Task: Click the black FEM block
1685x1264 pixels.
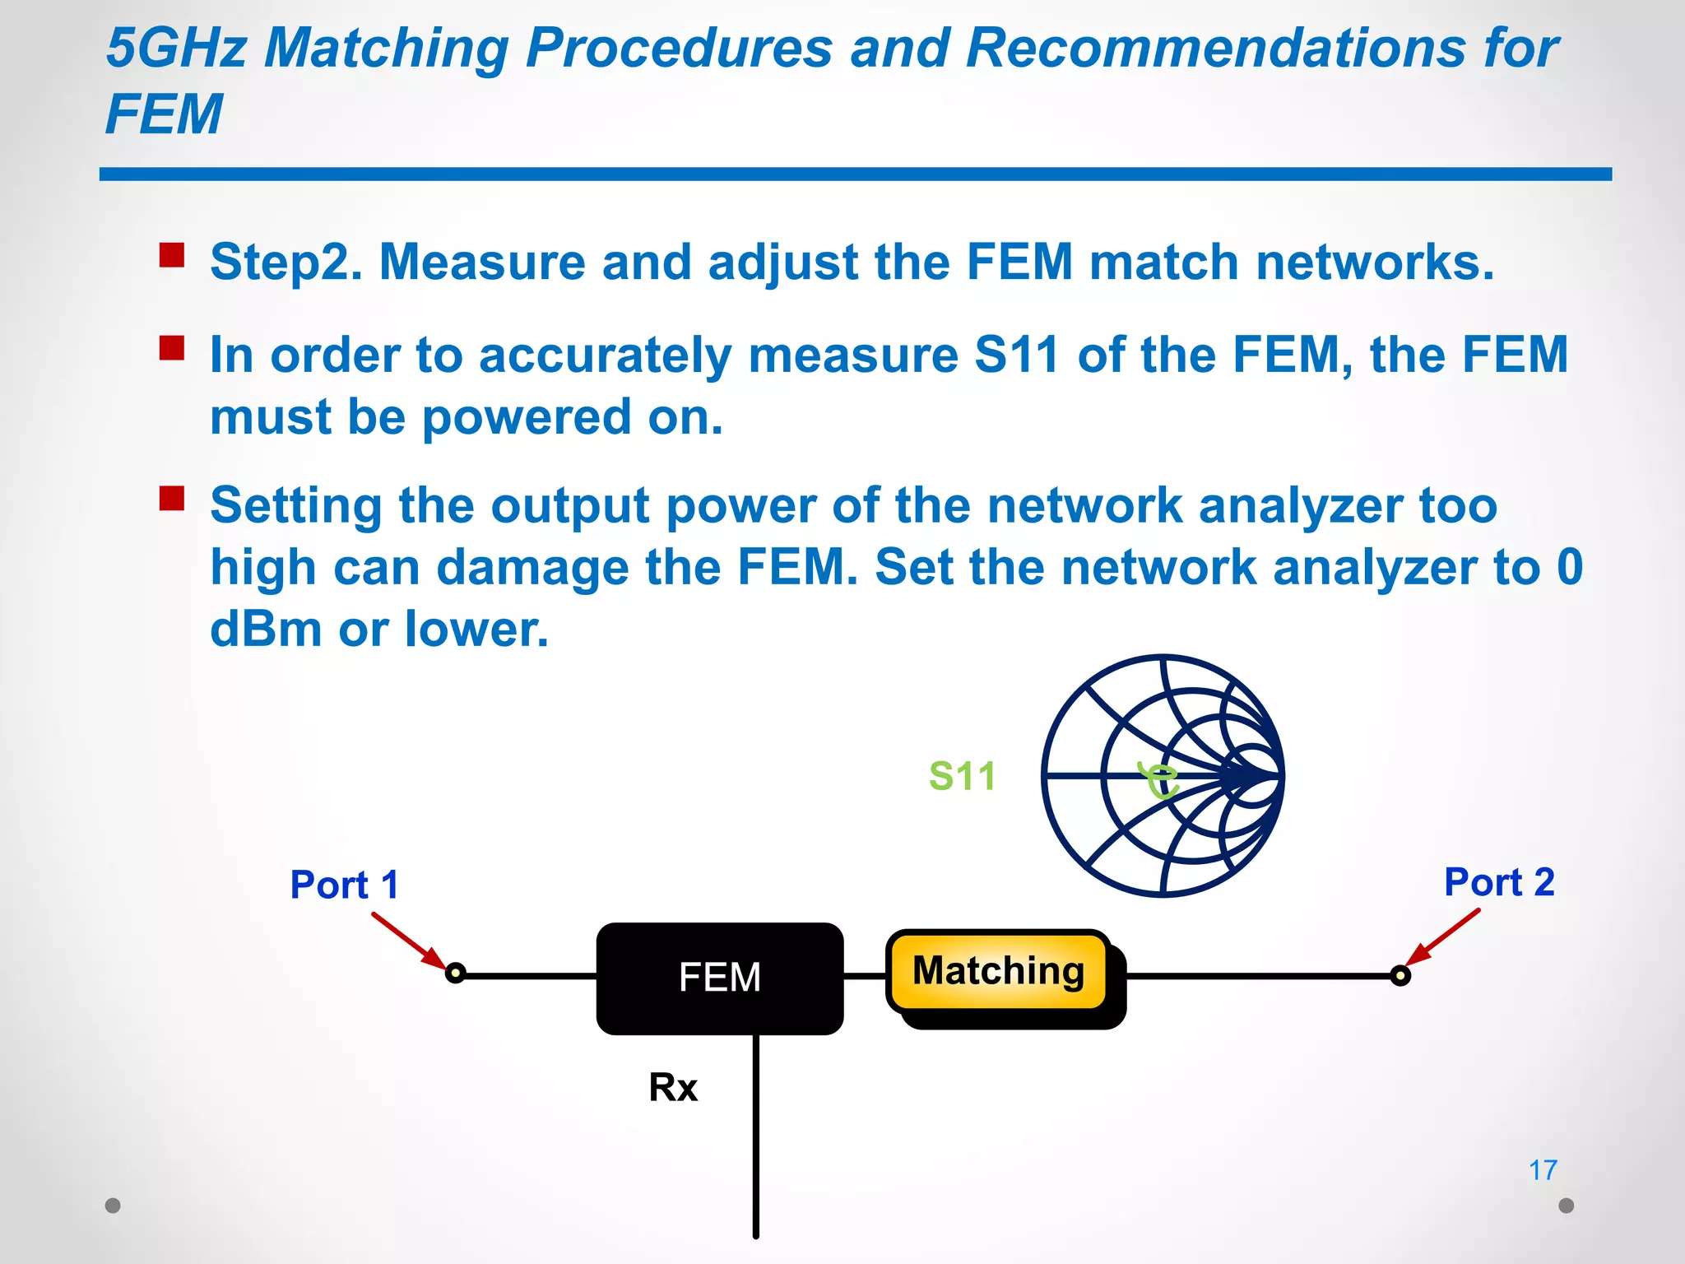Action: pos(719,978)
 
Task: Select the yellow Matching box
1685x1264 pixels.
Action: pos(998,971)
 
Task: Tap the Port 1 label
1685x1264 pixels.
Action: pos(344,885)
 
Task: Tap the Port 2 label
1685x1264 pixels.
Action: pos(1499,882)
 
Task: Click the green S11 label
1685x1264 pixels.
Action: pos(962,776)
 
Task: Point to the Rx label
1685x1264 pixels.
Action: pos(672,1087)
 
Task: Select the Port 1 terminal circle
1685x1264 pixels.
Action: pos(455,974)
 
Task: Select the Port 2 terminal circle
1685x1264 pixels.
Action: pos(1400,976)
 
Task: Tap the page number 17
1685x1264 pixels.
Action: pos(1543,1169)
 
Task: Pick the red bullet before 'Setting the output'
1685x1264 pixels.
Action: pos(172,499)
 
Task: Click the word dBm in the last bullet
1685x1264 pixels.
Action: pos(266,630)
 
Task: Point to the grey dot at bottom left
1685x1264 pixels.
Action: pos(114,1206)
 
